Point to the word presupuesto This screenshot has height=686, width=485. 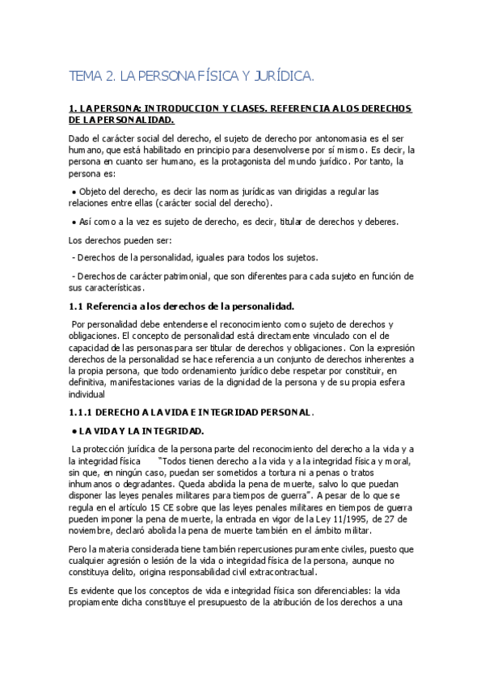coord(205,603)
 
